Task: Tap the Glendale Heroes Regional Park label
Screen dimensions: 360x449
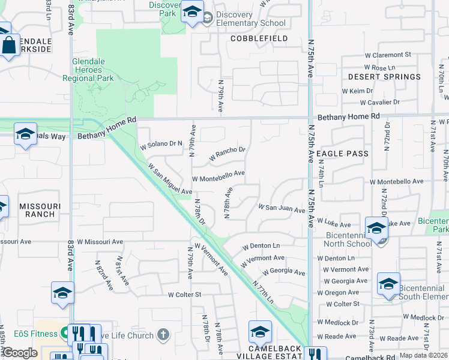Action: point(92,70)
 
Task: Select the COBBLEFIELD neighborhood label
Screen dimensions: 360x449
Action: point(259,38)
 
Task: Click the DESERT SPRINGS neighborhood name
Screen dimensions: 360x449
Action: point(384,77)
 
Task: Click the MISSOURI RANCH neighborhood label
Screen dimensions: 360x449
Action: point(40,209)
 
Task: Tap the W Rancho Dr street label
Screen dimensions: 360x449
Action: point(228,154)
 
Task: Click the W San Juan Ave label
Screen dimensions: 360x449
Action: point(282,208)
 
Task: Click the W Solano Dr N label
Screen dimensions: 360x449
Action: point(160,144)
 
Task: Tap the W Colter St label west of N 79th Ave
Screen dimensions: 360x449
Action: point(184,295)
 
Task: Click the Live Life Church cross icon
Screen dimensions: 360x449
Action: point(163,334)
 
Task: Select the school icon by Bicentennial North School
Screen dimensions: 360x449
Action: point(376,229)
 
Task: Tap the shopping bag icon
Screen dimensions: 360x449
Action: point(9,45)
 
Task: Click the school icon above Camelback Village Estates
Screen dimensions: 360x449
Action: point(260,331)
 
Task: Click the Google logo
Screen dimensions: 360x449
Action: point(20,353)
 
